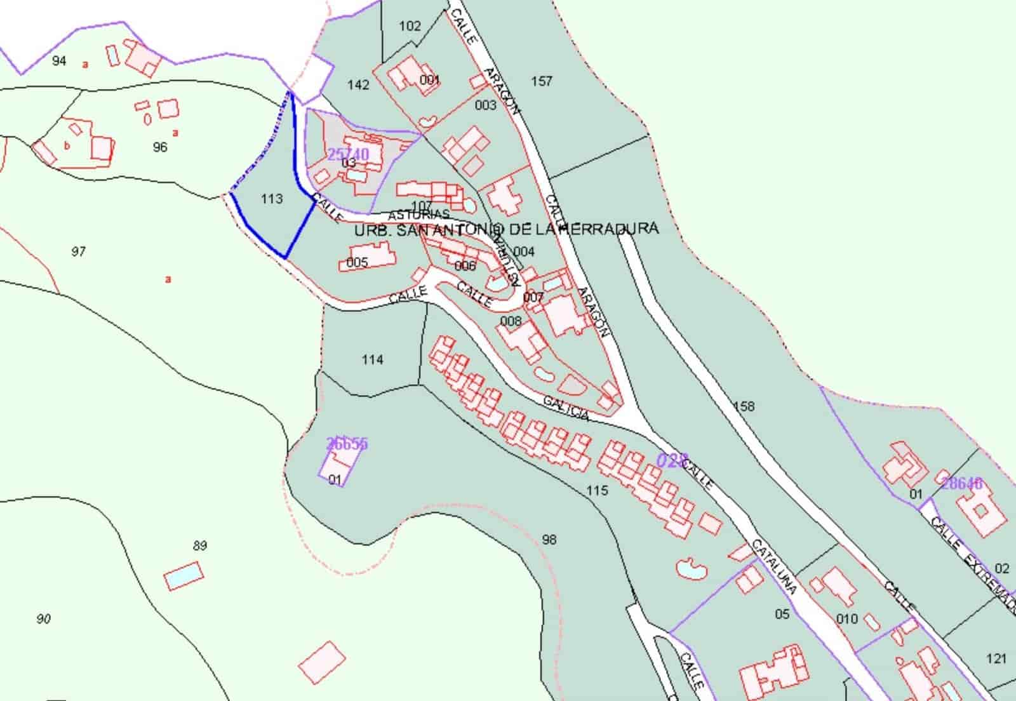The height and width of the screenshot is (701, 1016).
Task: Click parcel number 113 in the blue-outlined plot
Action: click(272, 199)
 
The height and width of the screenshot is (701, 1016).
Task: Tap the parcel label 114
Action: click(372, 359)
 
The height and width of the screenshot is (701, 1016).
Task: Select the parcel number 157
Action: click(542, 81)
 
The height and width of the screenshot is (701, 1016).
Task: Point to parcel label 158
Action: click(744, 406)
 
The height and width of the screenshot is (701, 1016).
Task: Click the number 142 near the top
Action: click(359, 84)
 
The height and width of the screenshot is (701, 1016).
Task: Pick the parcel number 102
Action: click(410, 26)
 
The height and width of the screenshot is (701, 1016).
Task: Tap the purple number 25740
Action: click(348, 154)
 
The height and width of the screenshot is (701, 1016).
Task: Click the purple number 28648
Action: click(961, 483)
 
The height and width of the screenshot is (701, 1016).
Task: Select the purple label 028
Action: click(671, 460)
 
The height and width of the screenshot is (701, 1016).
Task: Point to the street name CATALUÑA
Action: click(774, 566)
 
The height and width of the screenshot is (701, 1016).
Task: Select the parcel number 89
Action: click(200, 545)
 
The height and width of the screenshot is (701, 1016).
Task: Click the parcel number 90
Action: click(43, 618)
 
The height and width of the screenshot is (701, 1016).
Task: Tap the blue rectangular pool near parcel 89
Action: click(184, 577)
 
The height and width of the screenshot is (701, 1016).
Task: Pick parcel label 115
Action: click(597, 490)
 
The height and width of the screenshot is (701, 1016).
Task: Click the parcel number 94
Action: click(59, 61)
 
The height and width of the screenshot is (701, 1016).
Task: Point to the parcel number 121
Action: click(996, 658)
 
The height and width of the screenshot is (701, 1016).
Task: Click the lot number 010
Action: click(847, 618)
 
